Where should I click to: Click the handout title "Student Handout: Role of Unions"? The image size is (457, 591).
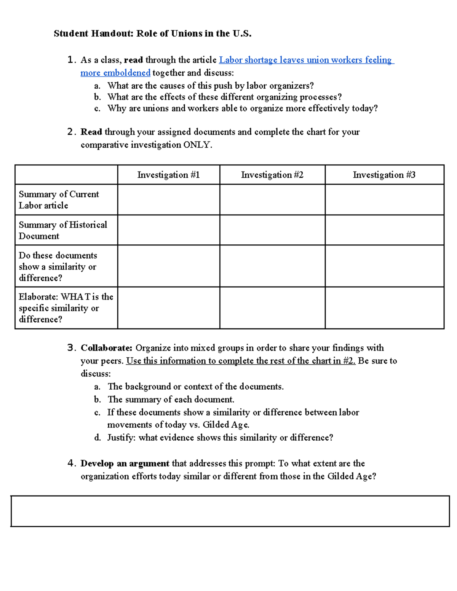tap(152, 33)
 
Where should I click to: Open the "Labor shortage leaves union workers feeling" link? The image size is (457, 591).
tap(306, 60)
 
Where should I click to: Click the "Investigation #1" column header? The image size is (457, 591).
tap(168, 175)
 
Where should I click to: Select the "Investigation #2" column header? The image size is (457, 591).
tap(272, 175)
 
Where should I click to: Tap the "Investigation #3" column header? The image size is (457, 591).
tap(384, 175)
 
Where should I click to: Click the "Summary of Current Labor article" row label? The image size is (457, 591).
tap(59, 200)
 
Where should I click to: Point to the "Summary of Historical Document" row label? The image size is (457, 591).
tap(63, 230)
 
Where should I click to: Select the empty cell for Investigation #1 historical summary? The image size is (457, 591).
tap(168, 230)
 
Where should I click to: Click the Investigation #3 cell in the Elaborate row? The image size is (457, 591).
tap(384, 308)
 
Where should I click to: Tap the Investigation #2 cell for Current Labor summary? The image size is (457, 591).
tap(272, 200)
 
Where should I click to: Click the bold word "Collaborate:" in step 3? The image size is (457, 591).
tap(106, 348)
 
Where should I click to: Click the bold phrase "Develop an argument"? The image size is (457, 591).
tap(125, 464)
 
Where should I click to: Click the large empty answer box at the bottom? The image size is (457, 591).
tap(230, 511)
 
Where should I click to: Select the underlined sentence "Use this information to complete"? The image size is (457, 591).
tap(240, 361)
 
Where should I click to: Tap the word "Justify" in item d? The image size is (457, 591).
tap(121, 438)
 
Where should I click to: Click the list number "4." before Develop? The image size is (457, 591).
tap(72, 464)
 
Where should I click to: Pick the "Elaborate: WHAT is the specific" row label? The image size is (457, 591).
tap(66, 308)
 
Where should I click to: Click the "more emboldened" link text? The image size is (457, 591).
tap(115, 73)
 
